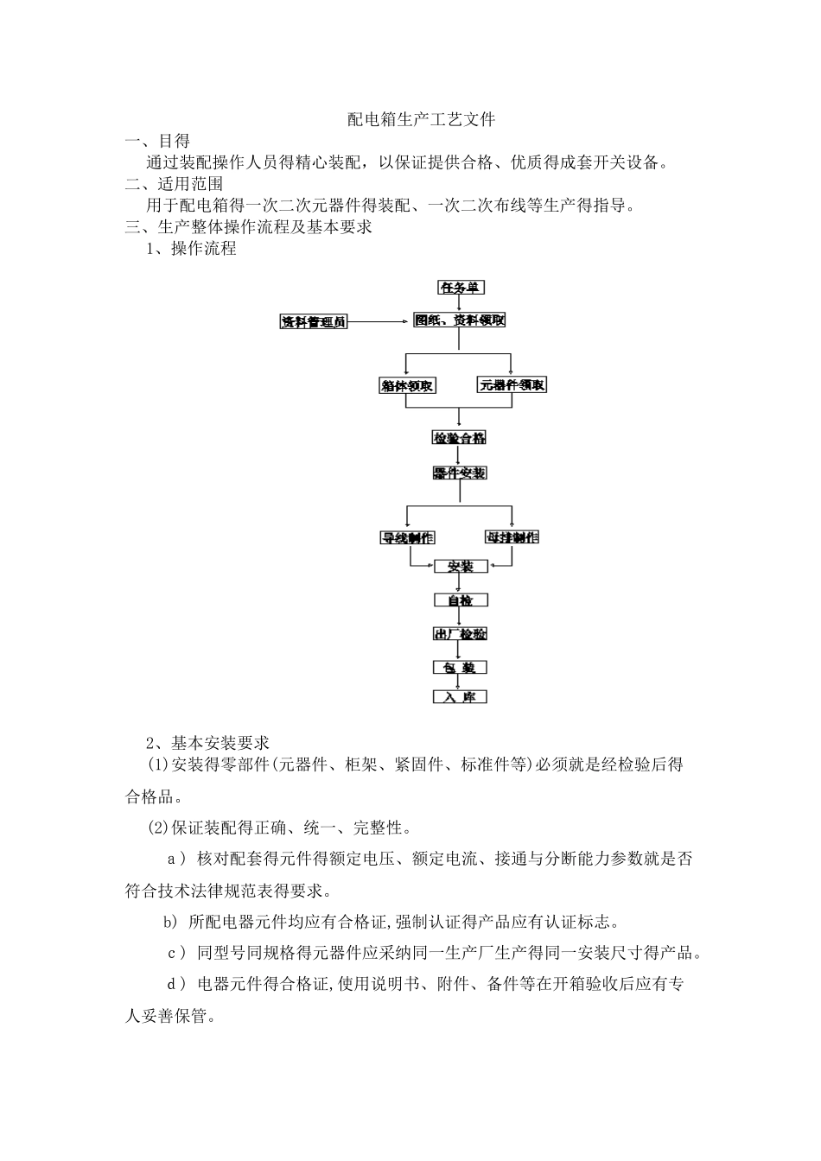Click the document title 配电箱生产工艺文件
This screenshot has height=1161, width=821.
click(x=421, y=119)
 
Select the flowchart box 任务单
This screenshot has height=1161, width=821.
click(x=461, y=288)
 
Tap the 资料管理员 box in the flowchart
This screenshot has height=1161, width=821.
click(x=314, y=322)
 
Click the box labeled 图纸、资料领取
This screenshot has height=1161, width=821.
click(x=459, y=320)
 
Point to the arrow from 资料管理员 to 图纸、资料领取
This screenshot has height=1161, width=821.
click(x=378, y=322)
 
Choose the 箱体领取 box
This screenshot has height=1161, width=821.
click(x=408, y=386)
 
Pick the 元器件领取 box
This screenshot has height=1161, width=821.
click(x=512, y=385)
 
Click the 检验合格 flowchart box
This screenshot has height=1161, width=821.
click(x=460, y=438)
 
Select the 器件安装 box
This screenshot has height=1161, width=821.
click(x=460, y=473)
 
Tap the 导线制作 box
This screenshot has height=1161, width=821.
click(x=408, y=537)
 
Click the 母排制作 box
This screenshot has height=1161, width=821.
click(x=512, y=537)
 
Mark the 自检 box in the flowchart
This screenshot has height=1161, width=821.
click(x=460, y=600)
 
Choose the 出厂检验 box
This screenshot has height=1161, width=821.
click(x=460, y=634)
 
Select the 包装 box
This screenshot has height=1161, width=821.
click(x=460, y=668)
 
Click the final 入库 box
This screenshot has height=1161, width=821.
click(x=460, y=697)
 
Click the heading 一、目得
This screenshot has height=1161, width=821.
click(x=158, y=141)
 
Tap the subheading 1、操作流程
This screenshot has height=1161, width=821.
click(x=191, y=249)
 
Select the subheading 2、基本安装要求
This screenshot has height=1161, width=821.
click(x=207, y=743)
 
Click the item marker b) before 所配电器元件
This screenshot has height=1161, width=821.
click(x=170, y=922)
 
